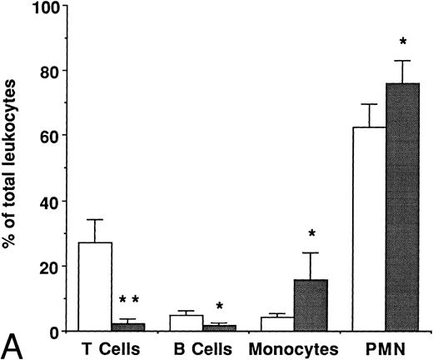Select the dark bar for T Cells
coord(128,327)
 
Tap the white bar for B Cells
coord(187,322)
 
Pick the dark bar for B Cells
coord(219,328)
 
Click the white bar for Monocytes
coord(277,324)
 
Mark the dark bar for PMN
coord(403,207)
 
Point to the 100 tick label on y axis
coord(49,8)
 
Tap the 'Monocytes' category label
coord(294,347)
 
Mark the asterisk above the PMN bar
coord(403,42)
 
